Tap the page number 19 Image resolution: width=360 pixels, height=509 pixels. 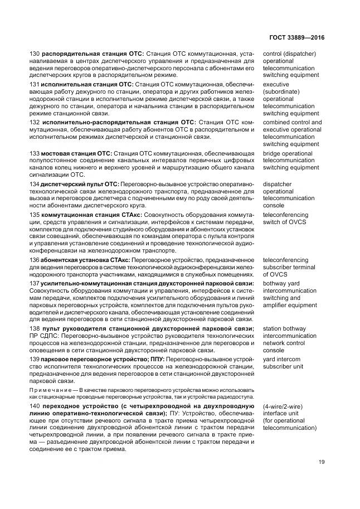[322, 461]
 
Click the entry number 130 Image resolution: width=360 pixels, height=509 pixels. [34, 54]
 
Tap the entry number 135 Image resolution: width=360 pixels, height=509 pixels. [34, 214]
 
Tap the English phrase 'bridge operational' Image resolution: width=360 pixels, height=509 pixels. [287, 153]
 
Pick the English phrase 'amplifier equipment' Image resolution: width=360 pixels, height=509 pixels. [290, 306]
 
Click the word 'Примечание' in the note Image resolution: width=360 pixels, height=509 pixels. [50, 390]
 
